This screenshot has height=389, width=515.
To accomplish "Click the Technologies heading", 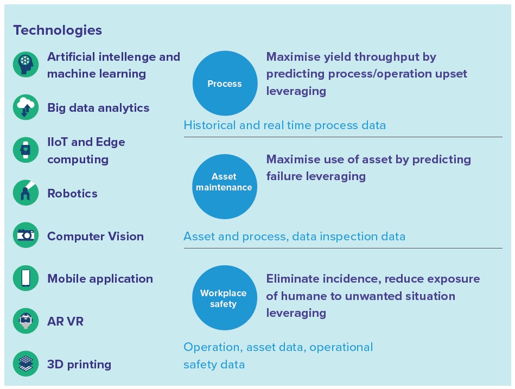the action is tap(58, 30).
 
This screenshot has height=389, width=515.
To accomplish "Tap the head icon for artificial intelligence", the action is tap(26, 65).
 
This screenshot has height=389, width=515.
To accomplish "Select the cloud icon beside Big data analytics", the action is tap(26, 107).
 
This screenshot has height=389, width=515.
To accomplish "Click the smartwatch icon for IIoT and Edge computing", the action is tap(26, 150).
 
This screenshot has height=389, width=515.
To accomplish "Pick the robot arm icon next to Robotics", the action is tap(26, 193).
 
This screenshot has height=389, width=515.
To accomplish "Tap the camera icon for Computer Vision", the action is tap(26, 235).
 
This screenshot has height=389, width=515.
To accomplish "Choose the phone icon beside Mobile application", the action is tap(26, 278).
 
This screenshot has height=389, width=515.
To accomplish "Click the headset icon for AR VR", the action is tap(26, 321).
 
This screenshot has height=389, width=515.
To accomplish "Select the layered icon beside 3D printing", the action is tap(26, 364).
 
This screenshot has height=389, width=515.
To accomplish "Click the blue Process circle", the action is tap(225, 84).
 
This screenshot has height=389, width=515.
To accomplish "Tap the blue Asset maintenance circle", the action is tap(225, 187).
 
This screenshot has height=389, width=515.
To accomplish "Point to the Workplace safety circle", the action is tap(225, 298).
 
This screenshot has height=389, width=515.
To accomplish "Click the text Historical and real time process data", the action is tap(285, 125).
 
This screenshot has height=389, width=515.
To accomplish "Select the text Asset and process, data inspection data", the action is tap(294, 237).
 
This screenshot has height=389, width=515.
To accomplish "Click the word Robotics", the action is tap(72, 193).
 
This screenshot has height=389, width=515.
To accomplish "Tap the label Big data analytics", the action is tap(98, 107).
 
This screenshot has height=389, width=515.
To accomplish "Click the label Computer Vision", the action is tap(96, 237).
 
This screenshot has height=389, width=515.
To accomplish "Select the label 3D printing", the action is tap(79, 365).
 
